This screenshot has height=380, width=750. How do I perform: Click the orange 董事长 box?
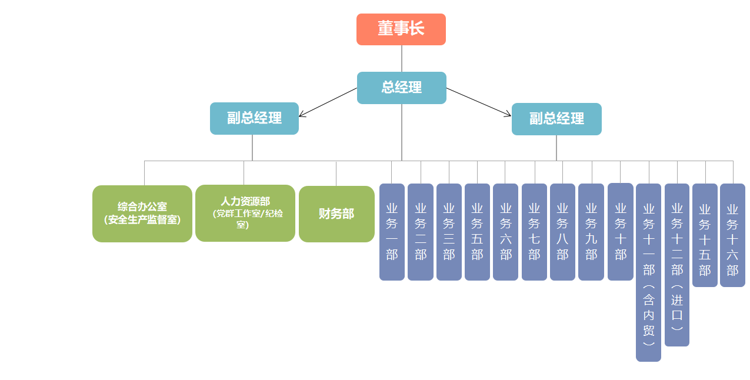pos(401,29)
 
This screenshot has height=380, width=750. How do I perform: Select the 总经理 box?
pos(401,88)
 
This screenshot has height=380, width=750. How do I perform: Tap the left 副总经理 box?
pos(254,118)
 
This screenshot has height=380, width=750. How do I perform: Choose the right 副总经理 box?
pos(556,119)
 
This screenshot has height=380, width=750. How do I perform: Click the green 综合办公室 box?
pos(142,214)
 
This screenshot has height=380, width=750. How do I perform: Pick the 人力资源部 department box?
pos(245,213)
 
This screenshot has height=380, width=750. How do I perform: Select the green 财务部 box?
pos(336,214)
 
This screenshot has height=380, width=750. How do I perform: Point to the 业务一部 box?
pos(392,232)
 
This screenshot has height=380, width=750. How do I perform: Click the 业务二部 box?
pos(420,232)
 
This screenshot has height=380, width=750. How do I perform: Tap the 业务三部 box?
pos(449,232)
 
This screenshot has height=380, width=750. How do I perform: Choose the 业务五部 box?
pos(477,232)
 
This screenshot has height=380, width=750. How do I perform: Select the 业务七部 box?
pos(534,232)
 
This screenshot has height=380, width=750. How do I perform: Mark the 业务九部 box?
pos(591,232)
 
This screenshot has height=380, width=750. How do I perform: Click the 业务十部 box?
pos(620,232)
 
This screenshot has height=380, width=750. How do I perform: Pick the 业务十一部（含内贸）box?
pos(648,272)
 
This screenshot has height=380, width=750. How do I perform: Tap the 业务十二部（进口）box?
pos(676,265)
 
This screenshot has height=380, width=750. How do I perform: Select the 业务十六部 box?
pos(732,235)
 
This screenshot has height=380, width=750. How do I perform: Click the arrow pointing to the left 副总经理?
pos(328,102)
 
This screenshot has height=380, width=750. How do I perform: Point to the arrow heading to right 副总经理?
pos(479,102)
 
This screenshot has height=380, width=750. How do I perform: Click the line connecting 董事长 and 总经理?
pos(402,58)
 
